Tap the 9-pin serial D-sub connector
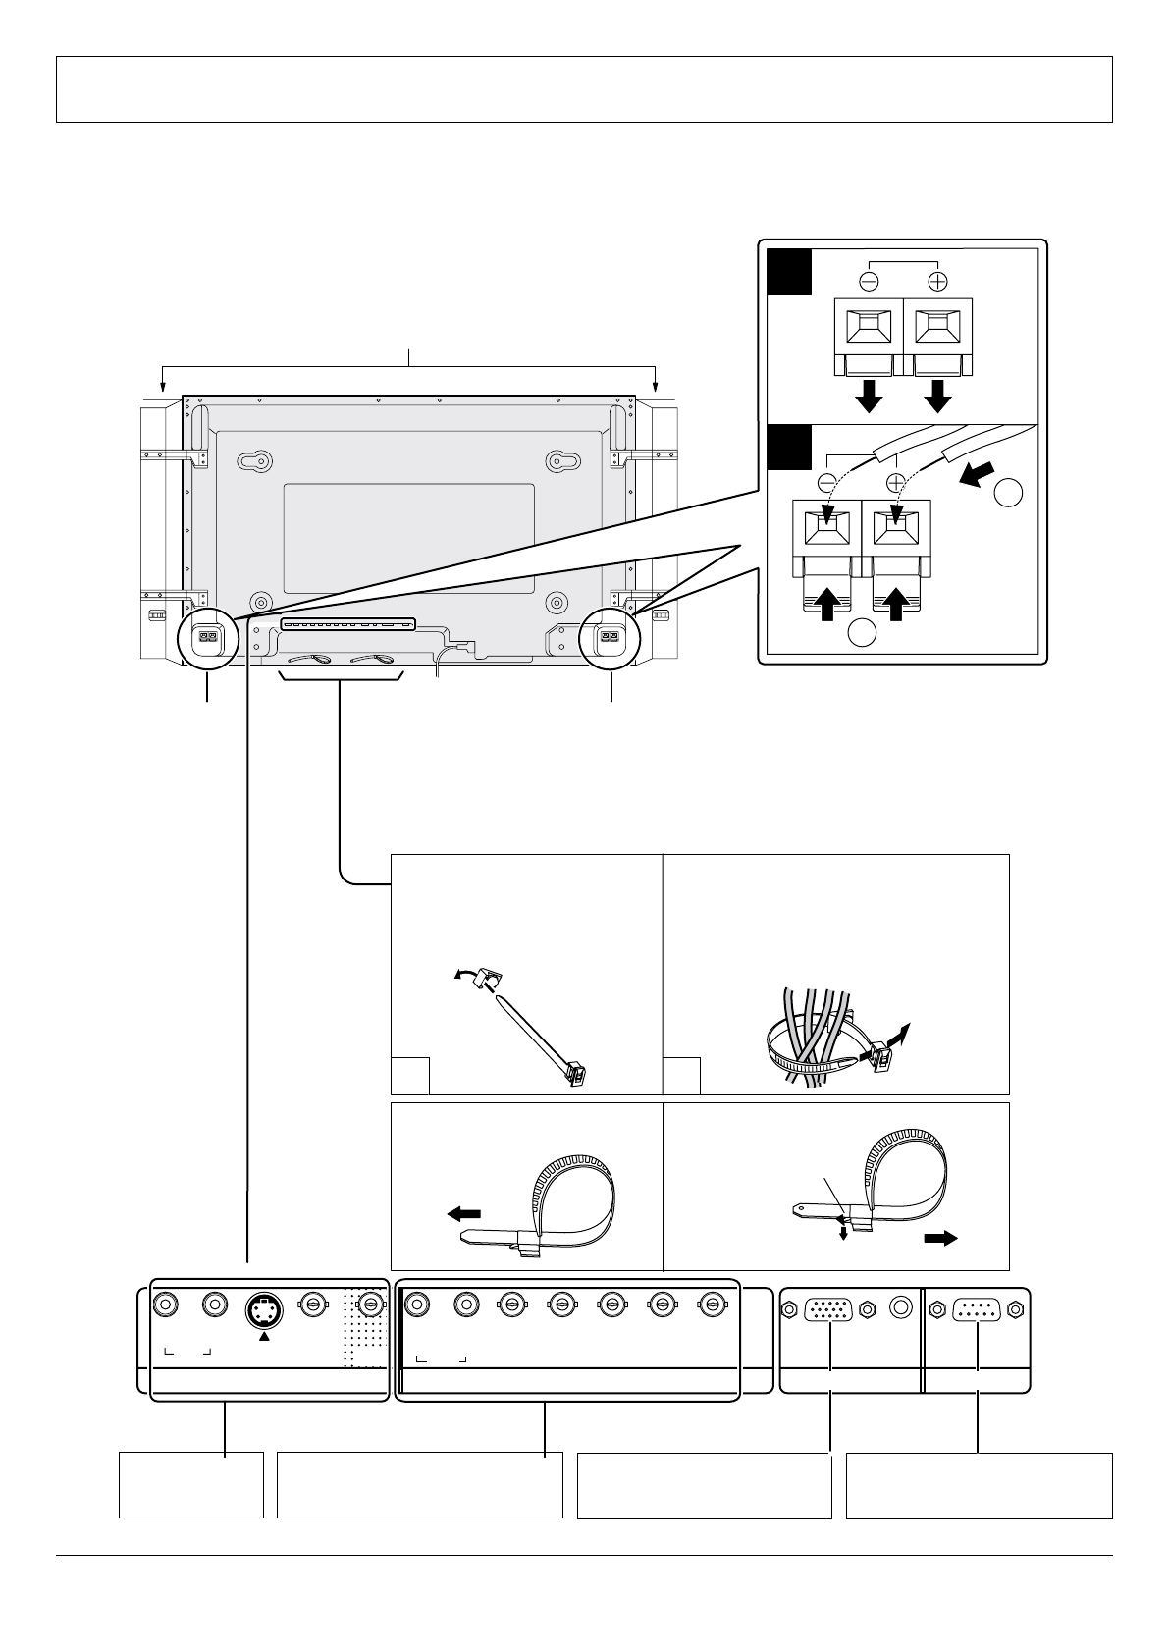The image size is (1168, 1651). (x=978, y=1308)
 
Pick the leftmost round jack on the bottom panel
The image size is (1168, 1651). (x=166, y=1305)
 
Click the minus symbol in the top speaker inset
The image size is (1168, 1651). (x=869, y=279)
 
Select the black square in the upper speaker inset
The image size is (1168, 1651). (x=789, y=272)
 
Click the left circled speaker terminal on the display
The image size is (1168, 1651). (x=207, y=639)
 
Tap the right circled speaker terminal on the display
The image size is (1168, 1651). (x=610, y=639)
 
